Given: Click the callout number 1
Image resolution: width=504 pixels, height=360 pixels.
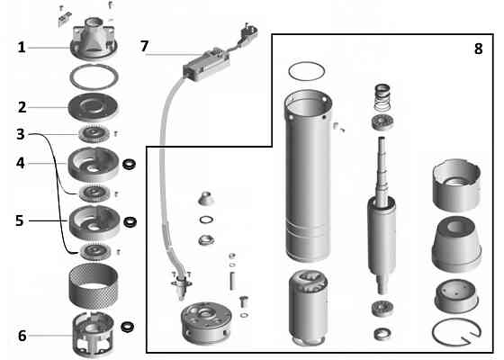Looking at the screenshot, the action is point(22,48).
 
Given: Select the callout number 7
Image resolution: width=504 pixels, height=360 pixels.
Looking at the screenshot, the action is point(144,46).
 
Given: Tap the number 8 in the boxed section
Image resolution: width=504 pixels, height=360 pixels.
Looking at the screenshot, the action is point(478,49).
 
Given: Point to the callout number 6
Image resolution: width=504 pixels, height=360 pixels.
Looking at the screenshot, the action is point(22,336).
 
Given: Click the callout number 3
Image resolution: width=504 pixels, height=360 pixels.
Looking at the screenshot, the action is point(21,134).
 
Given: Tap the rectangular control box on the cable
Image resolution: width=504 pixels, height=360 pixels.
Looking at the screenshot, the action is point(206,64).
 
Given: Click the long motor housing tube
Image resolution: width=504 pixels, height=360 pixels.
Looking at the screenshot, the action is point(308,175).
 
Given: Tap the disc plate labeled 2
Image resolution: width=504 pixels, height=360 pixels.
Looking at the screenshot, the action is point(94,107).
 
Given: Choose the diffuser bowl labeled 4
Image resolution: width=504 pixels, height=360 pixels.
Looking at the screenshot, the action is point(94,164).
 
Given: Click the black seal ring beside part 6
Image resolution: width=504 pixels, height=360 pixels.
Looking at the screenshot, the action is point(128,328).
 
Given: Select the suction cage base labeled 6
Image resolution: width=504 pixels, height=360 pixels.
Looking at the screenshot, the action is point(94,334).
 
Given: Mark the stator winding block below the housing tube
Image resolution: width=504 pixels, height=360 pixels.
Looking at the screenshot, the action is point(308,308).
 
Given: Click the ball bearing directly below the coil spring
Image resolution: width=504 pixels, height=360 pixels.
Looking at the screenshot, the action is point(382,122).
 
